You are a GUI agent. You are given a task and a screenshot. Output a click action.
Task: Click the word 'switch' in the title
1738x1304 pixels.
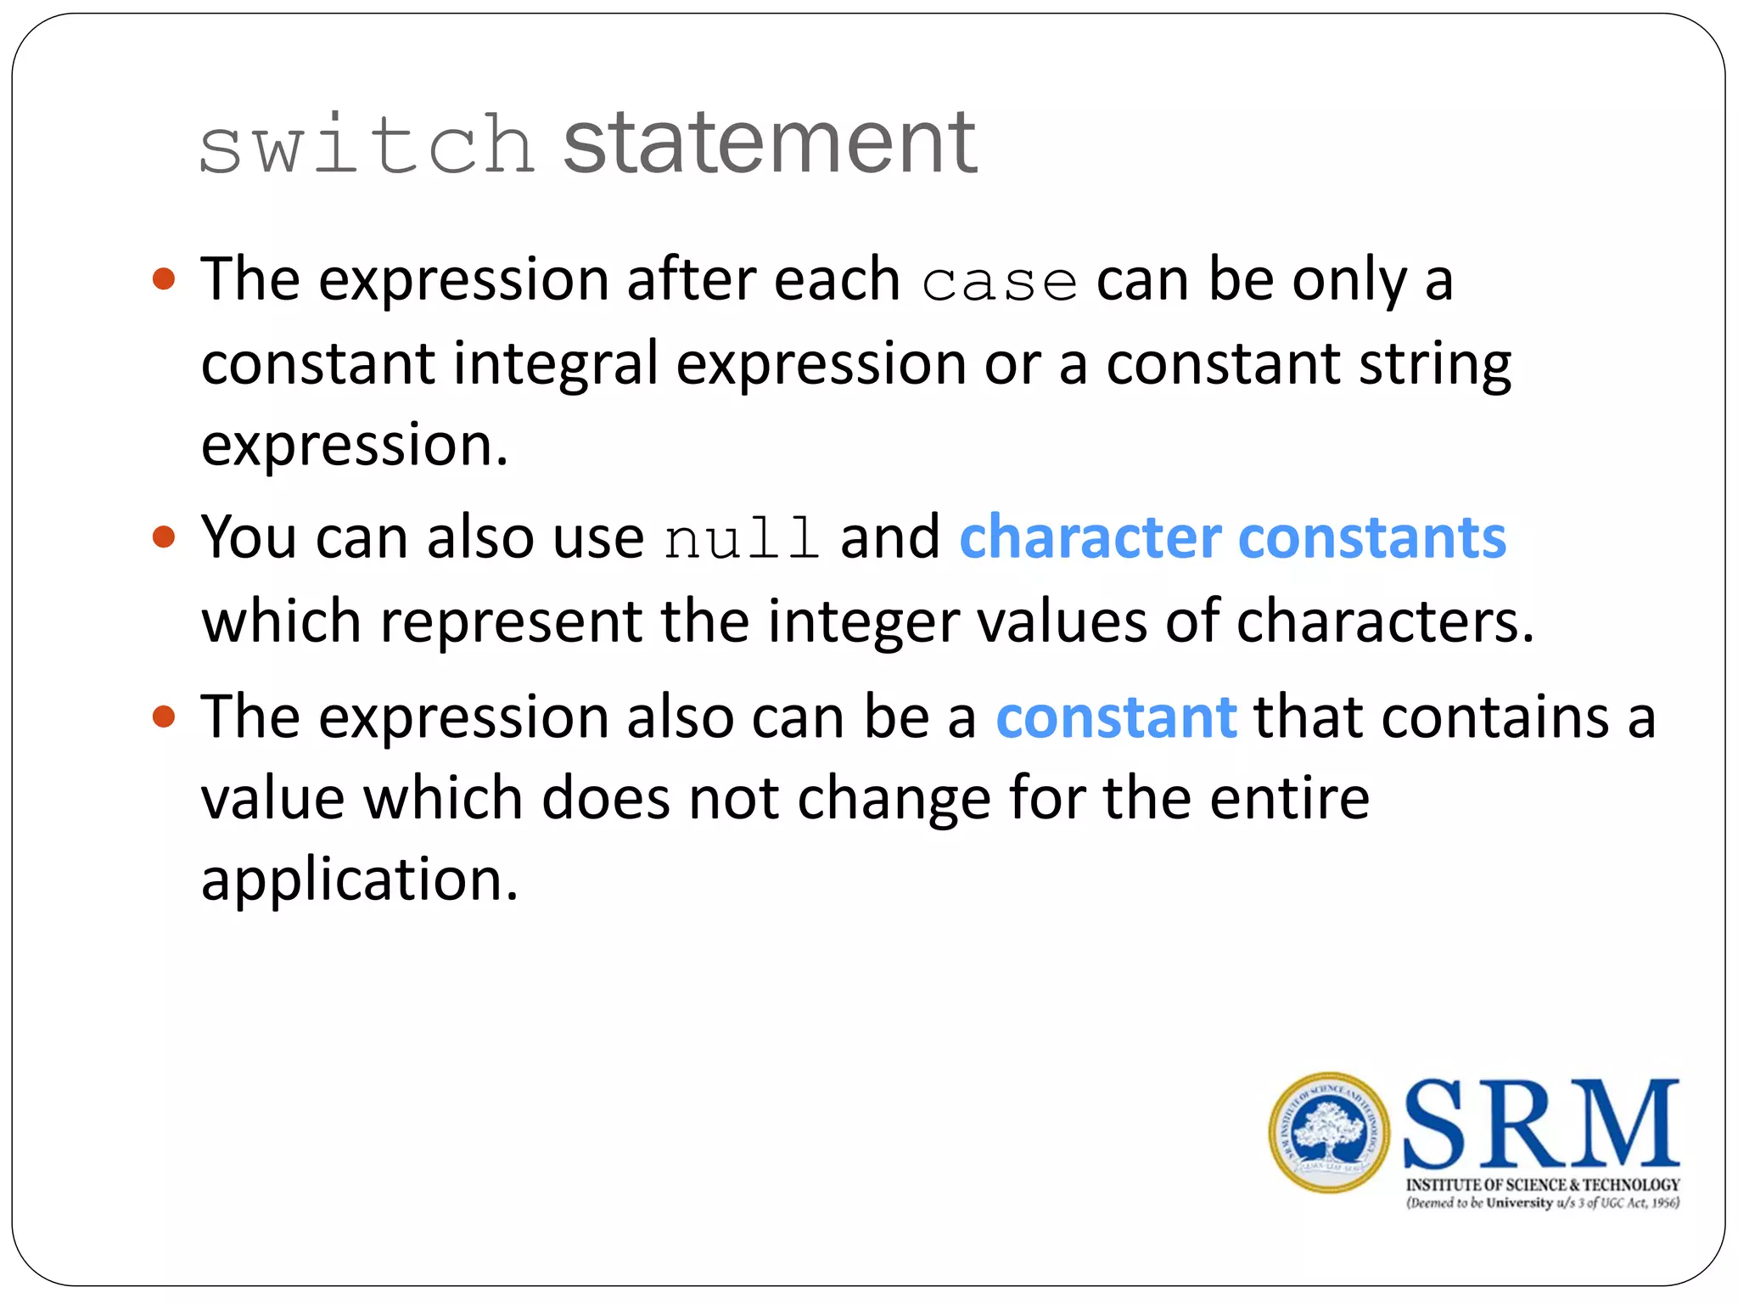[367, 146]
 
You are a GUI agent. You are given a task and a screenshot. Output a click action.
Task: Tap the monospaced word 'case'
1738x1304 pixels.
[999, 283]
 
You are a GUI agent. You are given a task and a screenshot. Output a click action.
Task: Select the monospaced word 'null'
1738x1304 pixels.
[742, 539]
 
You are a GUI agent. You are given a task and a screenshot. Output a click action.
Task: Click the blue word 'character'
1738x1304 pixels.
[1090, 537]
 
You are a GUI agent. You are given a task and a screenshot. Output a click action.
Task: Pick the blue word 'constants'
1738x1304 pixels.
[1372, 537]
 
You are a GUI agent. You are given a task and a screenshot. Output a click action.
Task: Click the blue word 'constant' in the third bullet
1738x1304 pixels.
[1115, 717]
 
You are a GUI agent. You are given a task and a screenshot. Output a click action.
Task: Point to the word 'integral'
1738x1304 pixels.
[555, 364]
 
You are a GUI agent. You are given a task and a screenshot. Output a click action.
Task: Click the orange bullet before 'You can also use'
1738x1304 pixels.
[164, 537]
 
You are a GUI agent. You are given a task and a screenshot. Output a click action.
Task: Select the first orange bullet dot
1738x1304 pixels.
[164, 279]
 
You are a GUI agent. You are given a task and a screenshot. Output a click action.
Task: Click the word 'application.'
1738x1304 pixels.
[359, 880]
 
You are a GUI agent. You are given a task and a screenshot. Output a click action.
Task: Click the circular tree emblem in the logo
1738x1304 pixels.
[1329, 1133]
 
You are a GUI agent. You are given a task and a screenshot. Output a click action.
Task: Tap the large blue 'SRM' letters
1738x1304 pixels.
[1541, 1124]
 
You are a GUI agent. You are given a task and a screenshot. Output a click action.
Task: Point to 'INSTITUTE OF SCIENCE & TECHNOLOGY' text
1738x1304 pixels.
[1543, 1185]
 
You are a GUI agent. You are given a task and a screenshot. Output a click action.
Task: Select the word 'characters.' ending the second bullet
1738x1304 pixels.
[1385, 621]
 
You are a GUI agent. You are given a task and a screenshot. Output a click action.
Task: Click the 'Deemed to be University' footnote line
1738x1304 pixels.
[1543, 1203]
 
